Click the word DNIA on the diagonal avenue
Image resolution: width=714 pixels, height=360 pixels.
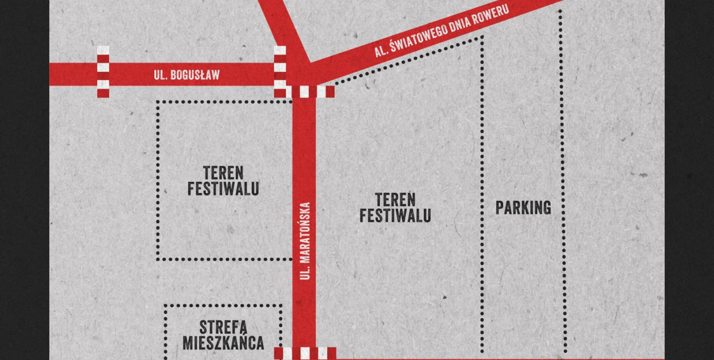point(462,23)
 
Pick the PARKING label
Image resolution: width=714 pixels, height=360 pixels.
point(523,207)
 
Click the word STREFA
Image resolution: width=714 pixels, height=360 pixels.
point(223,328)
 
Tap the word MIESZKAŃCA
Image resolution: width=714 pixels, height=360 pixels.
point(223,343)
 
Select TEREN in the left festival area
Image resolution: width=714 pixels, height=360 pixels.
point(223,173)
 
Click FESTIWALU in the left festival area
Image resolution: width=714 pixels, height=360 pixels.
point(223,189)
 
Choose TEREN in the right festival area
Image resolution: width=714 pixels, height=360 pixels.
point(395,200)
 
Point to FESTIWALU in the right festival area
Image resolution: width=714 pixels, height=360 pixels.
point(395,216)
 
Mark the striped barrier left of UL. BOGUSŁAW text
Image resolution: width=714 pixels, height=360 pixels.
point(103,72)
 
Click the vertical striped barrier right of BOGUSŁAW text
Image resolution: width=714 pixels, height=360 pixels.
point(280,72)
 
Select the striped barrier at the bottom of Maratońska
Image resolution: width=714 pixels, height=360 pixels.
point(305,353)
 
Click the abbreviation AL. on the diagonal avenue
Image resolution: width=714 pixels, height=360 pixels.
point(382,51)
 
